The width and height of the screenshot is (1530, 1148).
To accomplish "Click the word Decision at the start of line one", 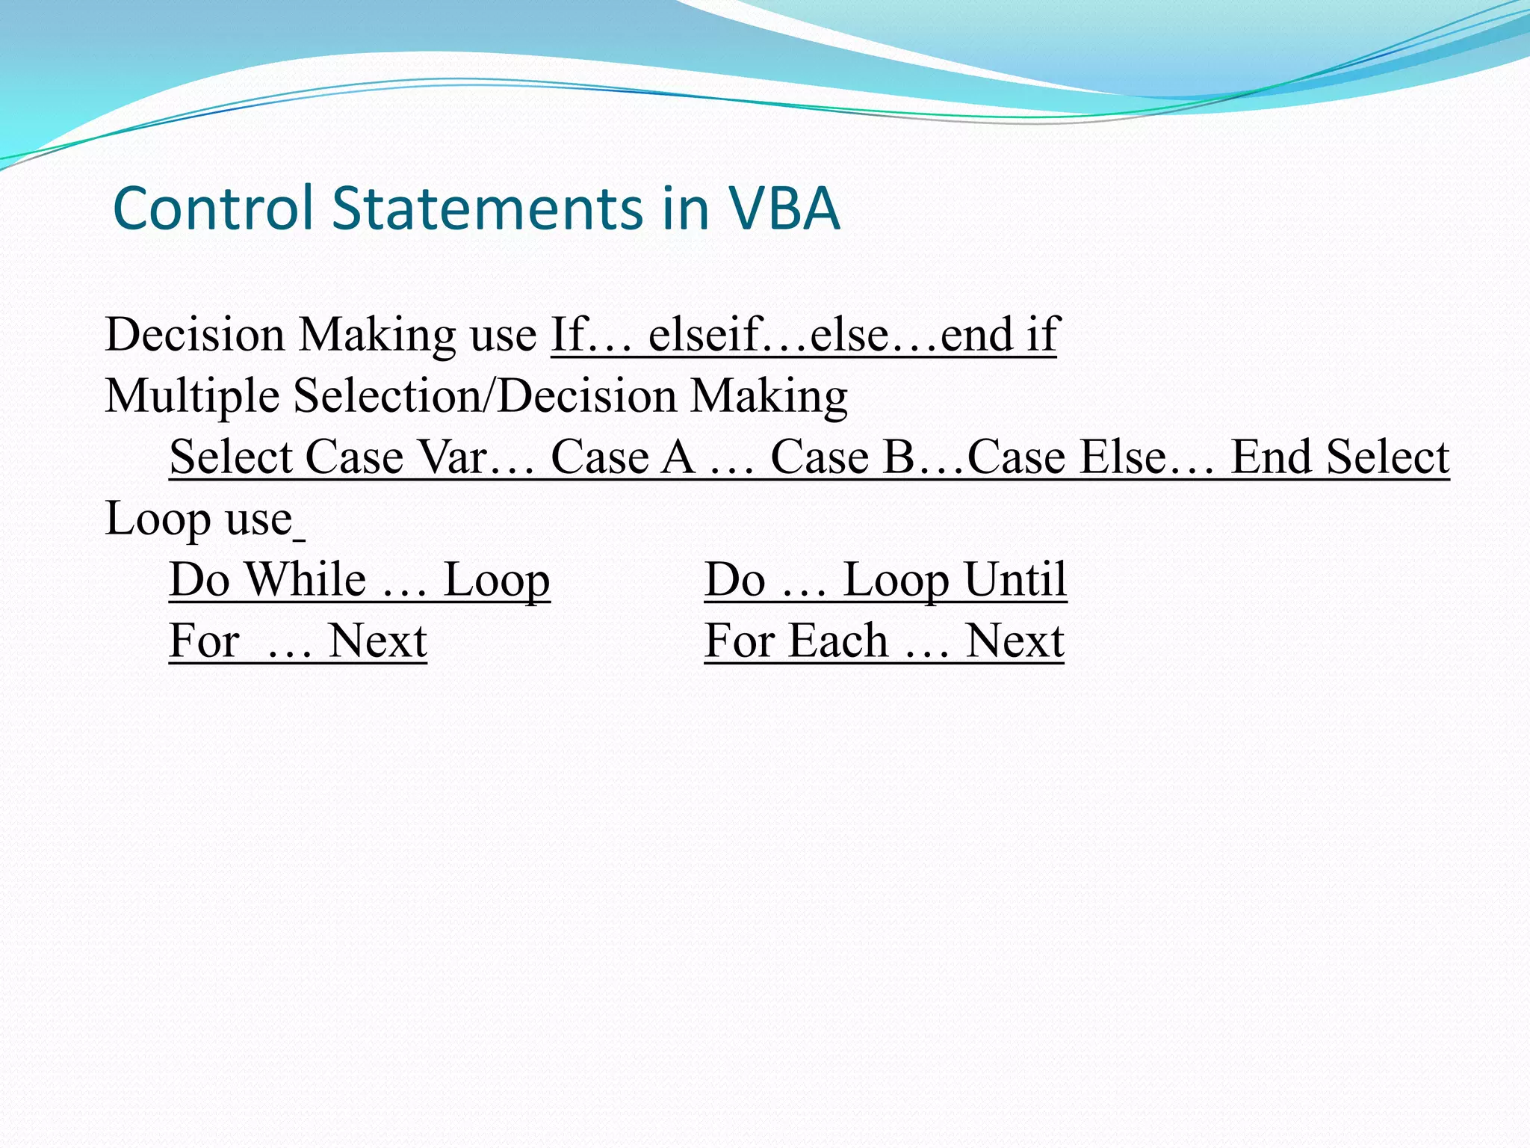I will [x=195, y=334].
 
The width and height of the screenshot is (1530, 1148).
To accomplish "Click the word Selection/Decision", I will [x=485, y=396].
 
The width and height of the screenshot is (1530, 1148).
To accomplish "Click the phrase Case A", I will [x=623, y=457].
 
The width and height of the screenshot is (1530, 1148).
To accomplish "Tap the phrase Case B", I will [x=843, y=457].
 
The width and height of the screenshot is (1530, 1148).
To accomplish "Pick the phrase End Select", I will [x=1339, y=457].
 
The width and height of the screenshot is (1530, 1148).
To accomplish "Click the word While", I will [x=306, y=579].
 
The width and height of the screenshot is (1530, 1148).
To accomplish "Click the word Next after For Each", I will [x=1015, y=641].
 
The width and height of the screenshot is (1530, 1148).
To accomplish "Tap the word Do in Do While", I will [x=199, y=579].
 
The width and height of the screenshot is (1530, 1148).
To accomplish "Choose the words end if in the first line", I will [x=999, y=334].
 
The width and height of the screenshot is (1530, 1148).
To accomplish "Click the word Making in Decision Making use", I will [x=377, y=334].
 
